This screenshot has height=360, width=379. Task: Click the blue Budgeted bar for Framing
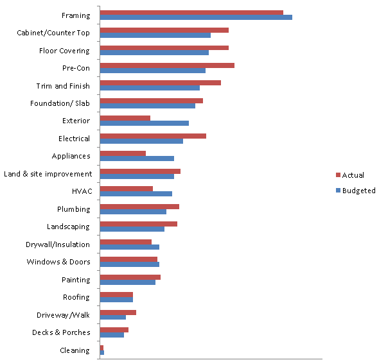point(196,17)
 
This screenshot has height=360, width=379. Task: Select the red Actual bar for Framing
point(191,12)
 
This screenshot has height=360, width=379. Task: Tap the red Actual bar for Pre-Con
point(167,65)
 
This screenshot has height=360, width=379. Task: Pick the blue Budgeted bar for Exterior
point(145,123)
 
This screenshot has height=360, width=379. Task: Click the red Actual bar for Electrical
point(153,135)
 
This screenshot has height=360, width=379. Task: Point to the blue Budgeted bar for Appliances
point(137,158)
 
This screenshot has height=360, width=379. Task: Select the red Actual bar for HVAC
point(127,189)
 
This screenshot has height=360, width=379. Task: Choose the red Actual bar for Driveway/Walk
point(118,312)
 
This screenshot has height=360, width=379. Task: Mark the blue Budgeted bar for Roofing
point(116,300)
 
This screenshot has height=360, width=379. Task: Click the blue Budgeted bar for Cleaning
point(102,352)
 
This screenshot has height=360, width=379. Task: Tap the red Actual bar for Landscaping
point(139,224)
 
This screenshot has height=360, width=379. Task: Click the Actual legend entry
point(353,175)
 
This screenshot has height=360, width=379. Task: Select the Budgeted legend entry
point(358,191)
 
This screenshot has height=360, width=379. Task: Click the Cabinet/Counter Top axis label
point(53,33)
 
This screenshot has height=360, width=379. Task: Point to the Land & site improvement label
point(48,174)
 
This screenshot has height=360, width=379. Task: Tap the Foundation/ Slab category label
point(60,103)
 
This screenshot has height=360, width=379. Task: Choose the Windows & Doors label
point(58,262)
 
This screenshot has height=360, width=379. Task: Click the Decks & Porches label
point(61,332)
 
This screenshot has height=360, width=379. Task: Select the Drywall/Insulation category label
point(58,244)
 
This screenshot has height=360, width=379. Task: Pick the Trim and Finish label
point(63,86)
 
